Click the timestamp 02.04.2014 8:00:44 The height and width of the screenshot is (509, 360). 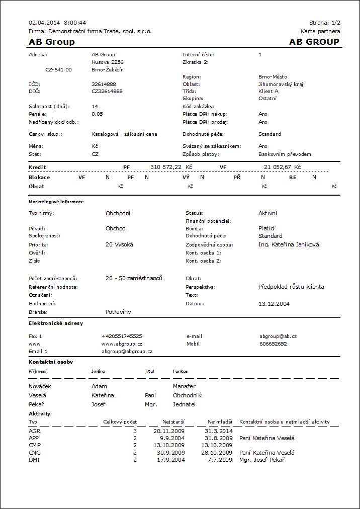[57, 23]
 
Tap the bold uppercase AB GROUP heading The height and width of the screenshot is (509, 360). [314, 42]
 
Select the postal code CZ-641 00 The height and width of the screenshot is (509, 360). [58, 70]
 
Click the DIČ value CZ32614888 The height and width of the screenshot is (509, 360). [107, 92]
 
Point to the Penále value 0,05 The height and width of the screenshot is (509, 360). [98, 114]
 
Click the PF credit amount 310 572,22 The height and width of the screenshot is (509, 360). [166, 166]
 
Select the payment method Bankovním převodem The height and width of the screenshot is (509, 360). [285, 154]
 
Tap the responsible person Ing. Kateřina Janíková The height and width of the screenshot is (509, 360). [289, 244]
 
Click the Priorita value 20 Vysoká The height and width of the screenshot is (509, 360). [120, 244]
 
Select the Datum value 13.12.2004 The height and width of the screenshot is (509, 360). [274, 304]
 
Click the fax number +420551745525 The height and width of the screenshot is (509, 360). [122, 336]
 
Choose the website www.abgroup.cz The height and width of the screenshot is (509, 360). [122, 344]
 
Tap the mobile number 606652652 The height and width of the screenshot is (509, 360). [273, 344]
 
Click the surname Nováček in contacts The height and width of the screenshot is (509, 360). [40, 386]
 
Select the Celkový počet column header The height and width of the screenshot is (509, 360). [120, 421]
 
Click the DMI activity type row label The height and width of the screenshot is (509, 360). [34, 460]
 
